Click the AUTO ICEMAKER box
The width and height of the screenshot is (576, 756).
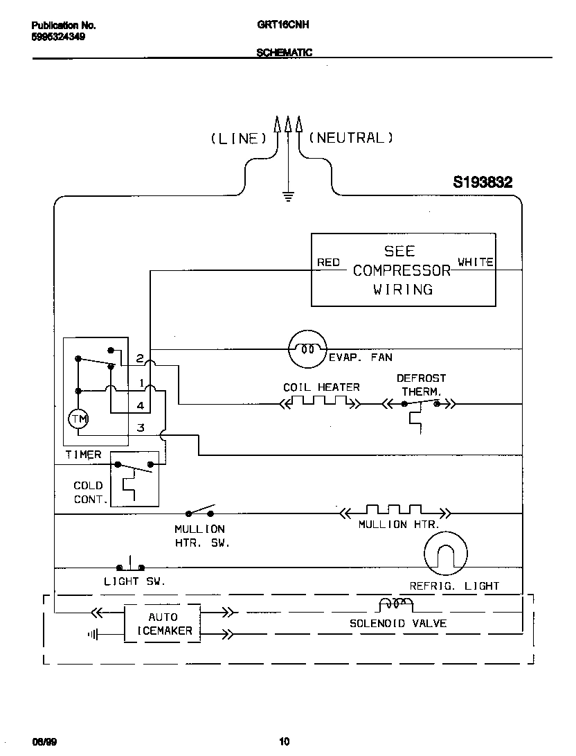pos(163,624)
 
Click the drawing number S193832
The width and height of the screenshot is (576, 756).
pos(483,182)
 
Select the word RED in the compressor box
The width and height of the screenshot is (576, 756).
pos(328,262)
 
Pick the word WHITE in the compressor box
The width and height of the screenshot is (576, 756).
pos(476,262)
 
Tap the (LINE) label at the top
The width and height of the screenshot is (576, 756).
pos(238,139)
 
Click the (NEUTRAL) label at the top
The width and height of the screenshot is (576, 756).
pos(350,138)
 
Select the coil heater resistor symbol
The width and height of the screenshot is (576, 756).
pos(320,403)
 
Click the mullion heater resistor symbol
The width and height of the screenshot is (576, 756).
pos(394,512)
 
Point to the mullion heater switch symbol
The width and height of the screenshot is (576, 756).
pos(199,513)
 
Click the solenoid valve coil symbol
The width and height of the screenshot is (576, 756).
pos(395,604)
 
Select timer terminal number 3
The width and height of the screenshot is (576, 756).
pos(141,428)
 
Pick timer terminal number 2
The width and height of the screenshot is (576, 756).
pos(140,359)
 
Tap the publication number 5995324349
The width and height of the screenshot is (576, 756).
pos(60,36)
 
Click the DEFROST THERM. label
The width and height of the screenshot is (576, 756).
pos(421,385)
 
